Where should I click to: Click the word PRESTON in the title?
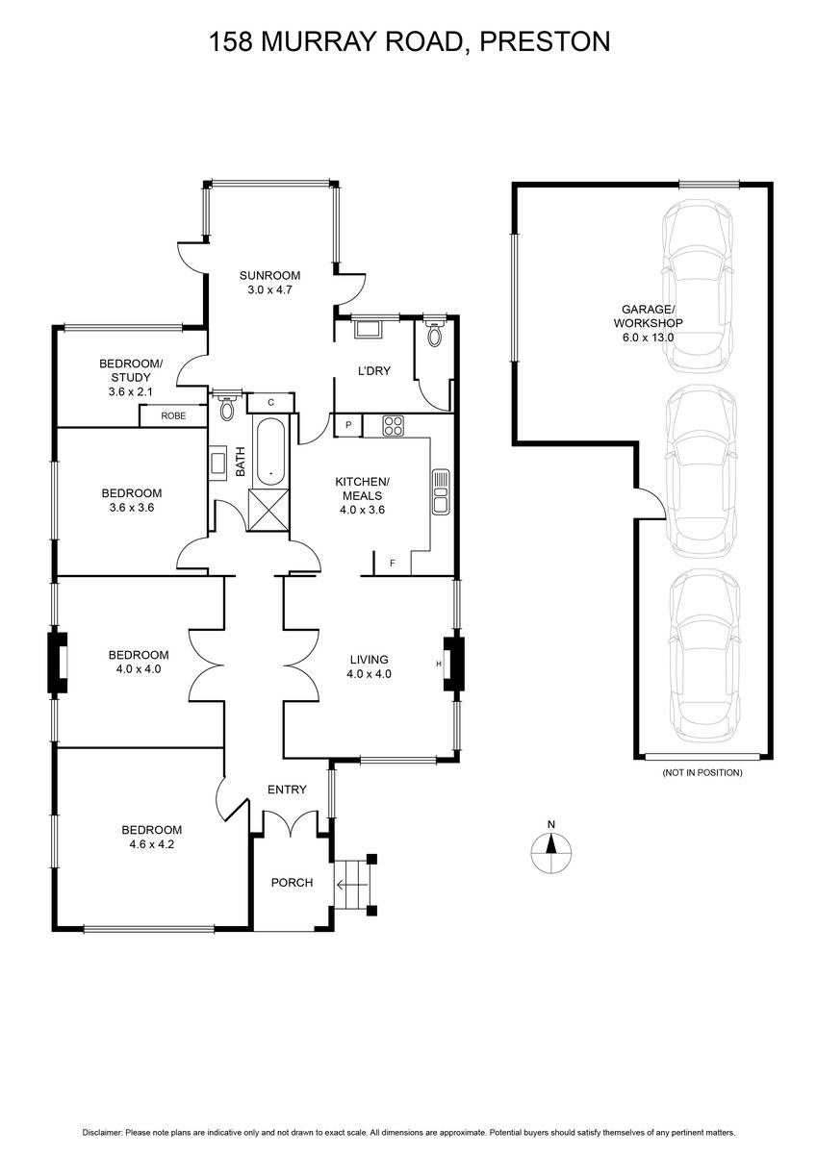(545, 41)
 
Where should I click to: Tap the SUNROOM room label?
(269, 276)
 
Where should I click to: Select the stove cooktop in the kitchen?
(393, 425)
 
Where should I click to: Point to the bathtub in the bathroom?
(270, 451)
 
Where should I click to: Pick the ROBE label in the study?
(173, 415)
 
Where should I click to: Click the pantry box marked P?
(348, 425)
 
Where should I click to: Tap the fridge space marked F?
(393, 564)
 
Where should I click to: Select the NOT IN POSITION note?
(702, 773)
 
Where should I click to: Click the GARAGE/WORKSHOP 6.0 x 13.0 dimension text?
(648, 338)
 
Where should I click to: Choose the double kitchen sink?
(441, 491)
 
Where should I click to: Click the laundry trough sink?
(368, 329)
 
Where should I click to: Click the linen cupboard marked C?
(271, 403)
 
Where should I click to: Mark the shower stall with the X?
(268, 510)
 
